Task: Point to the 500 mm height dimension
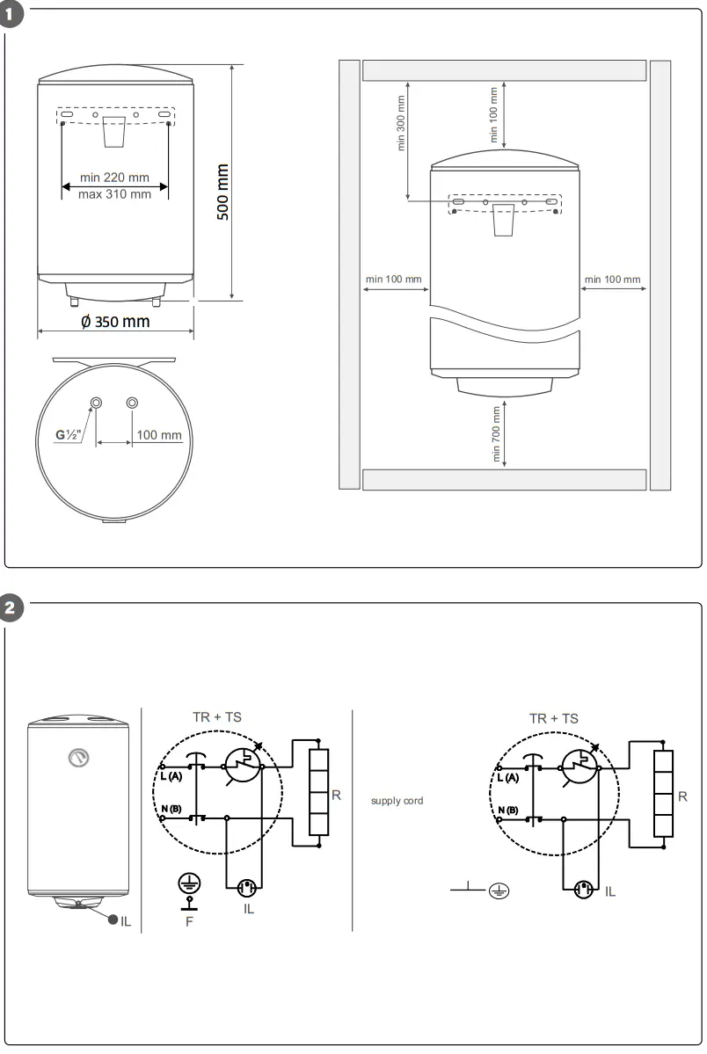(x=222, y=192)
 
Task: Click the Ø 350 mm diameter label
(x=115, y=322)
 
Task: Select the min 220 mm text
(x=114, y=178)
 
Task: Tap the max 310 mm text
(x=114, y=194)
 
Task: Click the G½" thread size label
(x=67, y=434)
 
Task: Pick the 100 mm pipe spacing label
(x=159, y=435)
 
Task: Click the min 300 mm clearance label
(x=402, y=123)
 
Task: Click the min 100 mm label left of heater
(x=393, y=280)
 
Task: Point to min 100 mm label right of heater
(x=613, y=280)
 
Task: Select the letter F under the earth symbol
(x=188, y=921)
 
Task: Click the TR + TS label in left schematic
(x=216, y=717)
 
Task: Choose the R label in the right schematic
(x=683, y=796)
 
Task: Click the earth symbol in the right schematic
(x=499, y=891)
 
